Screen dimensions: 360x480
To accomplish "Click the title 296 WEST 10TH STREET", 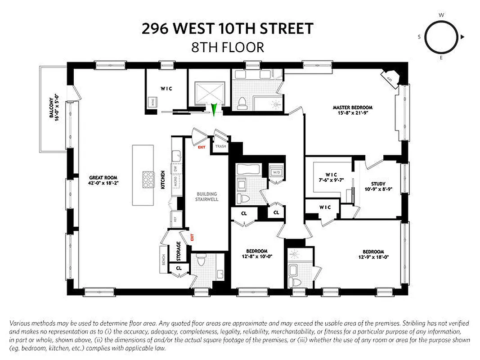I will click(228, 29).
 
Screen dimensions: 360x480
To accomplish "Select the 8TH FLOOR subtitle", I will click(228, 47).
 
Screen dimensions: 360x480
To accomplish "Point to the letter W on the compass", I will click(441, 15).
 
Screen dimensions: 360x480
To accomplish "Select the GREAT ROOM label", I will click(103, 177).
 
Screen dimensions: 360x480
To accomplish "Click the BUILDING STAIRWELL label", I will click(207, 197).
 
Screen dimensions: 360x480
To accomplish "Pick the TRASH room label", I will click(220, 146).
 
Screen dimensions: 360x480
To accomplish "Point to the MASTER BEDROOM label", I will click(353, 108).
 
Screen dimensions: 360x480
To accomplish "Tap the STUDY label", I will click(378, 184).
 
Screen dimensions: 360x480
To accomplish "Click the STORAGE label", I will click(179, 251).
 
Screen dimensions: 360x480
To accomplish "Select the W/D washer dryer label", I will click(276, 171).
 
